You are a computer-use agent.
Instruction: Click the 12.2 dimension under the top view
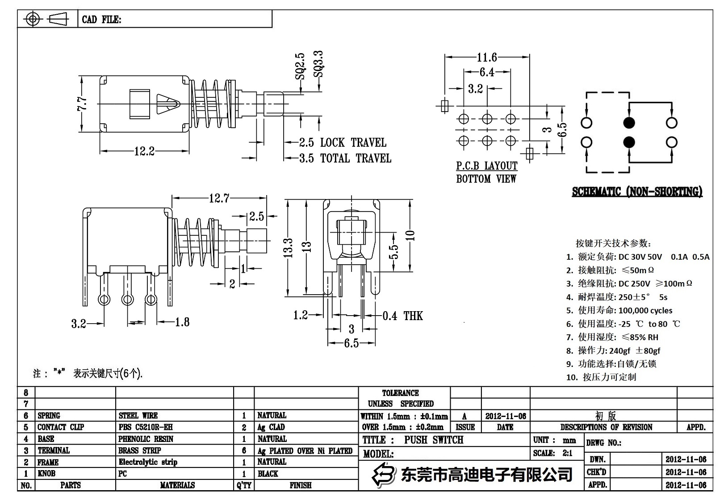coord(144,151)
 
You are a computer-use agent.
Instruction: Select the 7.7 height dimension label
coord(82,105)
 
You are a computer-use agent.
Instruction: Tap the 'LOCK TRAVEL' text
coord(353,143)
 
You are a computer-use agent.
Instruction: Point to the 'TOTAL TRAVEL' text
coord(356,158)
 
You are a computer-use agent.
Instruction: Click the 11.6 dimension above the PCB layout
coord(487,57)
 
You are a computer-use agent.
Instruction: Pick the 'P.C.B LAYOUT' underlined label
coord(486,166)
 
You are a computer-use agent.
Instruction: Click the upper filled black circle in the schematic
coord(629,122)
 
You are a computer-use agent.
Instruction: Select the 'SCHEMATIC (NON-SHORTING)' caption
coord(637,192)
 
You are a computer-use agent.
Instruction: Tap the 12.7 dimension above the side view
coord(219,198)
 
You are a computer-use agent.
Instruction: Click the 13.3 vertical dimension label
coord(289,248)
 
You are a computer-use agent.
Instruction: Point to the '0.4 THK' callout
coord(402,316)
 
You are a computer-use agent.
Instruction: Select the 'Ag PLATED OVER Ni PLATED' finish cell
coord(305,451)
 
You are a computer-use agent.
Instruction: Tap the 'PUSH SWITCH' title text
coord(434,440)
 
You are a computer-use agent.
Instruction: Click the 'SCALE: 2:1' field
coord(552,453)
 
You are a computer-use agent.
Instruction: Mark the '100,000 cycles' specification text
coord(645,310)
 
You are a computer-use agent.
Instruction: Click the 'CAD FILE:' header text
coord(101,20)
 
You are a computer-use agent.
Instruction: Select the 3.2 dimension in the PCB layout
coord(475,89)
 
